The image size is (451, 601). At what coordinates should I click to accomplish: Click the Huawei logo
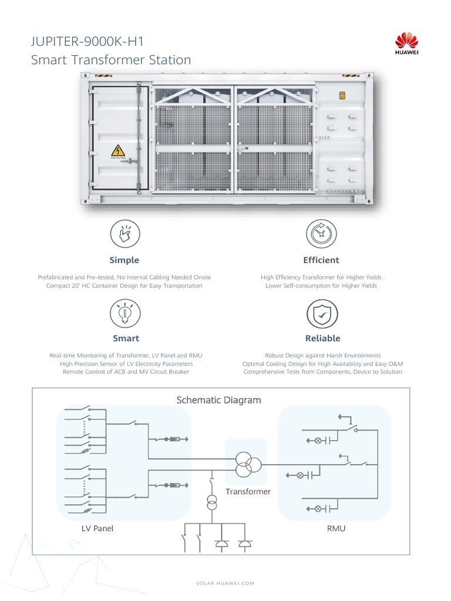click(x=406, y=45)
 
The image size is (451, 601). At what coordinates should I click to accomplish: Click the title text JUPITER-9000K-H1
click(x=87, y=42)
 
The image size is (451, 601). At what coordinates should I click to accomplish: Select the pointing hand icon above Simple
click(x=124, y=234)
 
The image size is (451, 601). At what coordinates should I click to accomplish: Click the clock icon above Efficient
click(x=321, y=234)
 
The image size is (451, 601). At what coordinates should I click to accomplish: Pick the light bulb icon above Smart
click(x=126, y=313)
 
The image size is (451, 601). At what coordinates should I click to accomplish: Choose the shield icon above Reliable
click(x=322, y=314)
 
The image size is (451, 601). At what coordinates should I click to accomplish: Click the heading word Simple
click(x=124, y=260)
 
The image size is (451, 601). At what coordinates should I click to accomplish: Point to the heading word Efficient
click(x=321, y=260)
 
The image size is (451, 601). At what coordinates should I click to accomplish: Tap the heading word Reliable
click(x=322, y=338)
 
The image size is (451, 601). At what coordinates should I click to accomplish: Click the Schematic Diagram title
click(x=218, y=400)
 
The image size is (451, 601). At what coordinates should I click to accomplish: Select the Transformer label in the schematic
click(x=248, y=491)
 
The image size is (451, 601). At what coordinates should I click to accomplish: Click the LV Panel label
click(x=97, y=528)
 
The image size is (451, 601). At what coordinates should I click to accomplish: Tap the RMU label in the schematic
click(x=336, y=528)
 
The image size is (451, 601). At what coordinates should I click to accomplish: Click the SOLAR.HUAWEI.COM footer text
click(x=225, y=583)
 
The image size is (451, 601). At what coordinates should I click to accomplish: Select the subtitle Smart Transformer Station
click(x=110, y=60)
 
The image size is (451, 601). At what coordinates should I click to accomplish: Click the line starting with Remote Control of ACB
click(x=126, y=372)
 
